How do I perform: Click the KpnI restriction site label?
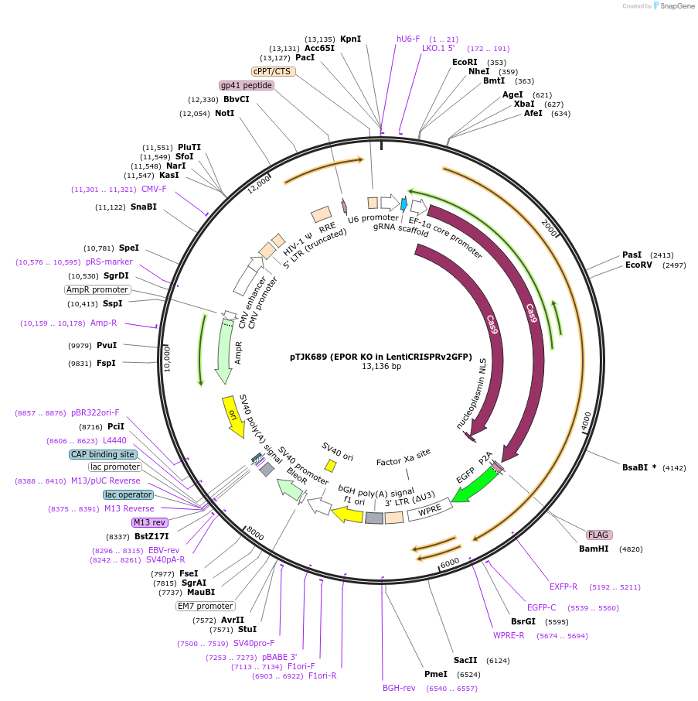(350, 39)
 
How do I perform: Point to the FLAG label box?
(598, 535)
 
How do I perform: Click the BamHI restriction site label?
(594, 549)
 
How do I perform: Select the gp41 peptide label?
(247, 85)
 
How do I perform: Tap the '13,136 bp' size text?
(382, 367)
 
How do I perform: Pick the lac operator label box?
(128, 494)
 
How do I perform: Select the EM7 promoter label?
(205, 606)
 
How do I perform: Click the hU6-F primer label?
(408, 39)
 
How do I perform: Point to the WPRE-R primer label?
(509, 635)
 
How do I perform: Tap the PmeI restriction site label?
(436, 674)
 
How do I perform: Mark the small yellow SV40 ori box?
(330, 466)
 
